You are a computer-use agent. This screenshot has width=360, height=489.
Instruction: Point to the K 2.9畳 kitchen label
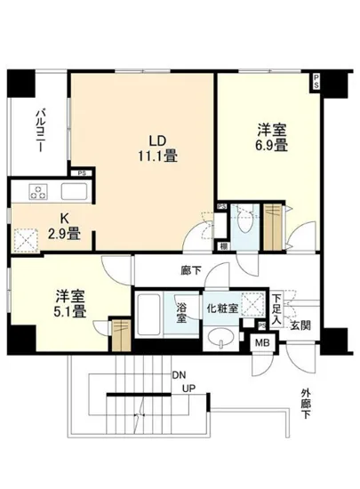[63, 228]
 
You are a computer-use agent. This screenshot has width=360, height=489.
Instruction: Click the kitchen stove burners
[39, 192]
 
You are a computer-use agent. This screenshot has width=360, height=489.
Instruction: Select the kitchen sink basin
[71, 192]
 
